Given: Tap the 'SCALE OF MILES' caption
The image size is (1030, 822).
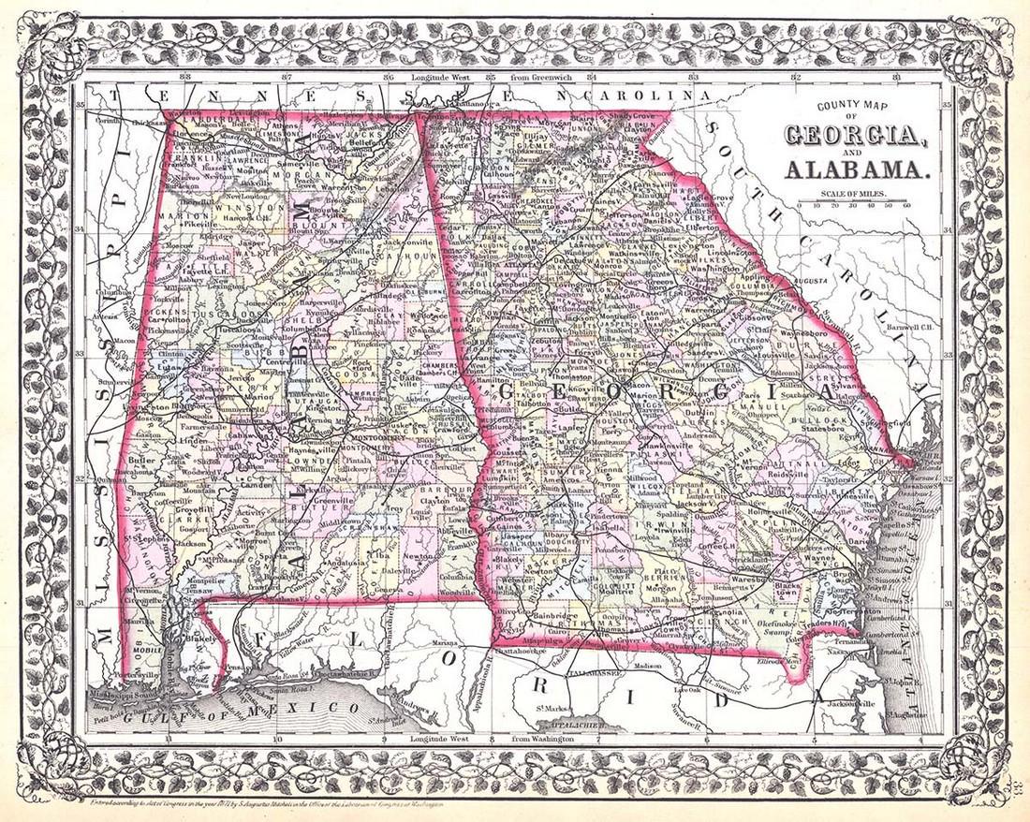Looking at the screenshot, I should pyautogui.click(x=853, y=194).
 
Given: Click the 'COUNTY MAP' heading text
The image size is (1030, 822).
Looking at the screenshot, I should pyautogui.click(x=851, y=107).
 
